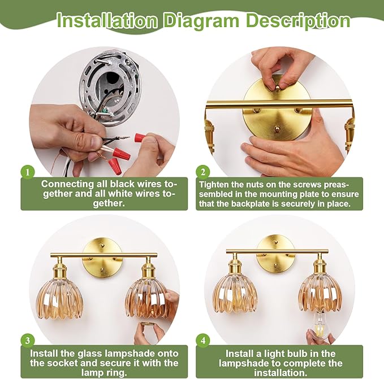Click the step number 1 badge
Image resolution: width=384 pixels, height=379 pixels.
(27, 172)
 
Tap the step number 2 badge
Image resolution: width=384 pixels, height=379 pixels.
(203, 172)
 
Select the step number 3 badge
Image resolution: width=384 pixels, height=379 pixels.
(27, 341)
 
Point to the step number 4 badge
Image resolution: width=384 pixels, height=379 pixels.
(203, 341)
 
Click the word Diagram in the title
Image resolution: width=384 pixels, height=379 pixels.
(201, 21)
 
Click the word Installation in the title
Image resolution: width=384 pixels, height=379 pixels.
(107, 20)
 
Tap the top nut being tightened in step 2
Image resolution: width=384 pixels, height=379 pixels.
(277, 88)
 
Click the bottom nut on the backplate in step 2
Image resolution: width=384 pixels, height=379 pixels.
(277, 128)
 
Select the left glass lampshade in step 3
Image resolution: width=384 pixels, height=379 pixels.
(59, 300)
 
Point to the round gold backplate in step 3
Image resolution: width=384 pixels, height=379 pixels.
(102, 258)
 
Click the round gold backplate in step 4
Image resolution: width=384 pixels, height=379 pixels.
(275, 254)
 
